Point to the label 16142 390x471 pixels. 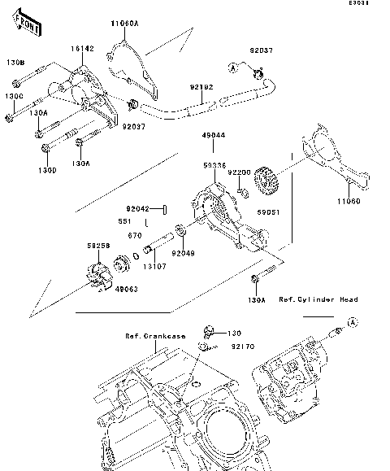pos(82,49)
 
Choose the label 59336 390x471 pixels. pos(214,165)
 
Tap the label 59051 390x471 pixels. pos(268,210)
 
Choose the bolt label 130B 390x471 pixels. pos(15,63)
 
